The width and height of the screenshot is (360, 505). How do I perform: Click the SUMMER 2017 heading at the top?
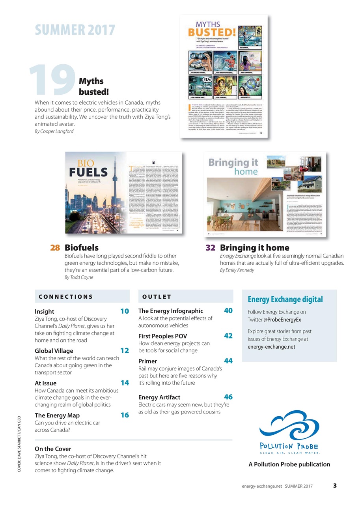click(75, 30)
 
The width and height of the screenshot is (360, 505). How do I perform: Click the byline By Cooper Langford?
click(54, 131)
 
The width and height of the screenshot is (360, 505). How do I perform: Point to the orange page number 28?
click(55, 248)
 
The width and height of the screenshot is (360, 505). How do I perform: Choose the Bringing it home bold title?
click(254, 248)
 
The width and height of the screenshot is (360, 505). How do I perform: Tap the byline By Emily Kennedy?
click(237, 270)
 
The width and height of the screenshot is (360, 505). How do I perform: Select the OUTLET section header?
click(157, 297)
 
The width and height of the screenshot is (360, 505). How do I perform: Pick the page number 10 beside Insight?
click(125, 311)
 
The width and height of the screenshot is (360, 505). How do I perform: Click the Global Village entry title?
click(54, 351)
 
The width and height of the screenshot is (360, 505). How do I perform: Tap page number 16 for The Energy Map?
click(125, 415)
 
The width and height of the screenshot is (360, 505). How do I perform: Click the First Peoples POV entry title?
click(162, 337)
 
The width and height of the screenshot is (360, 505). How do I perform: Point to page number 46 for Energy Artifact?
click(228, 397)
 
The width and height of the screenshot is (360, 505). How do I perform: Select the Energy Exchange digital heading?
click(284, 299)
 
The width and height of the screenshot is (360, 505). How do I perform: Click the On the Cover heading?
click(53, 449)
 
